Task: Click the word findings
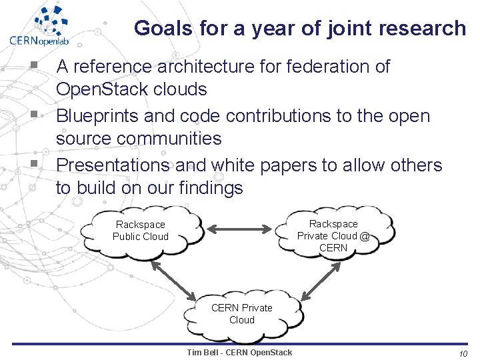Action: point(211,188)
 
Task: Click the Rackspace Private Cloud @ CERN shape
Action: point(333,235)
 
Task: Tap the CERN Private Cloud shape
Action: point(241,313)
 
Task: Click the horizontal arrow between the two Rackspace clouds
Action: point(241,231)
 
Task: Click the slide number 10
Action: point(463,353)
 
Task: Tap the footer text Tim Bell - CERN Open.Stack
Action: point(239,352)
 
